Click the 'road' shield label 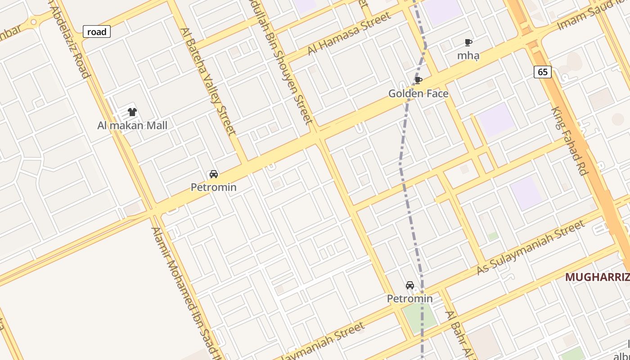pyautogui.click(x=97, y=31)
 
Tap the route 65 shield pyautogui.click(x=543, y=72)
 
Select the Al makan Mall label pyautogui.click(x=132, y=125)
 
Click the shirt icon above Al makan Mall pyautogui.click(x=132, y=112)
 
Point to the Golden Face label pyautogui.click(x=418, y=94)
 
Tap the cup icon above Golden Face pyautogui.click(x=418, y=81)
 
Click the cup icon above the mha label pyautogui.click(x=468, y=43)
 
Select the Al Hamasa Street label pyautogui.click(x=349, y=34)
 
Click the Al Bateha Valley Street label pyautogui.click(x=208, y=81)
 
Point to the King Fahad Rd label pyautogui.click(x=570, y=140)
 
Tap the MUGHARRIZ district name pyautogui.click(x=597, y=277)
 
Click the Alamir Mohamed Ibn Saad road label pyautogui.click(x=187, y=292)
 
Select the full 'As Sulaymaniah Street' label pyautogui.click(x=531, y=247)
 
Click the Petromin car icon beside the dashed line pyautogui.click(x=410, y=285)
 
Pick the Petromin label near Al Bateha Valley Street pyautogui.click(x=214, y=187)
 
